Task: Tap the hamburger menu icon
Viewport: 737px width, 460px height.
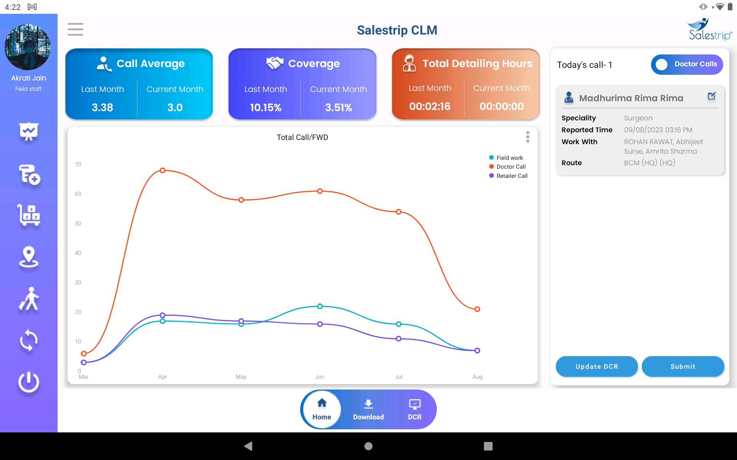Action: point(75,30)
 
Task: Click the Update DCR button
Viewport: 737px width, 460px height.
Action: point(597,366)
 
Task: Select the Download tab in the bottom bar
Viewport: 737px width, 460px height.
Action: point(368,409)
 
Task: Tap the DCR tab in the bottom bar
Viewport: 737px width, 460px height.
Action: point(415,409)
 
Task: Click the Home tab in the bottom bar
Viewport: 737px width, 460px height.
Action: point(322,409)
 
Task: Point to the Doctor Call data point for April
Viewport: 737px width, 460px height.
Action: point(162,170)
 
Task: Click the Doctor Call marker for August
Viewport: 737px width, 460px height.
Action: point(477,309)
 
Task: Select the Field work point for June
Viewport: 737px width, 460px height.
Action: point(320,306)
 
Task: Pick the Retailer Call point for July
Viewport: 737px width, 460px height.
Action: point(398,338)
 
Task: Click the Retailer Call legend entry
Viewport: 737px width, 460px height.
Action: point(508,176)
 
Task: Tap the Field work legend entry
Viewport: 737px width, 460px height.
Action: point(506,158)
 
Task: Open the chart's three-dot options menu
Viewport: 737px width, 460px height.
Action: point(528,137)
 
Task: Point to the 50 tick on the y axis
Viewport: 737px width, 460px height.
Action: point(78,223)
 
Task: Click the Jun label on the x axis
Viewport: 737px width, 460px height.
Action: point(320,377)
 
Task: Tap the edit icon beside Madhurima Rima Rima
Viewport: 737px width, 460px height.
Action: point(711,96)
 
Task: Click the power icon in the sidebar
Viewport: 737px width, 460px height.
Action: point(29,382)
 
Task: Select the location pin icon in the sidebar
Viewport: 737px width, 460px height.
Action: point(29,257)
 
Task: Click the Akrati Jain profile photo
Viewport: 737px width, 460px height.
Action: point(28,47)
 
